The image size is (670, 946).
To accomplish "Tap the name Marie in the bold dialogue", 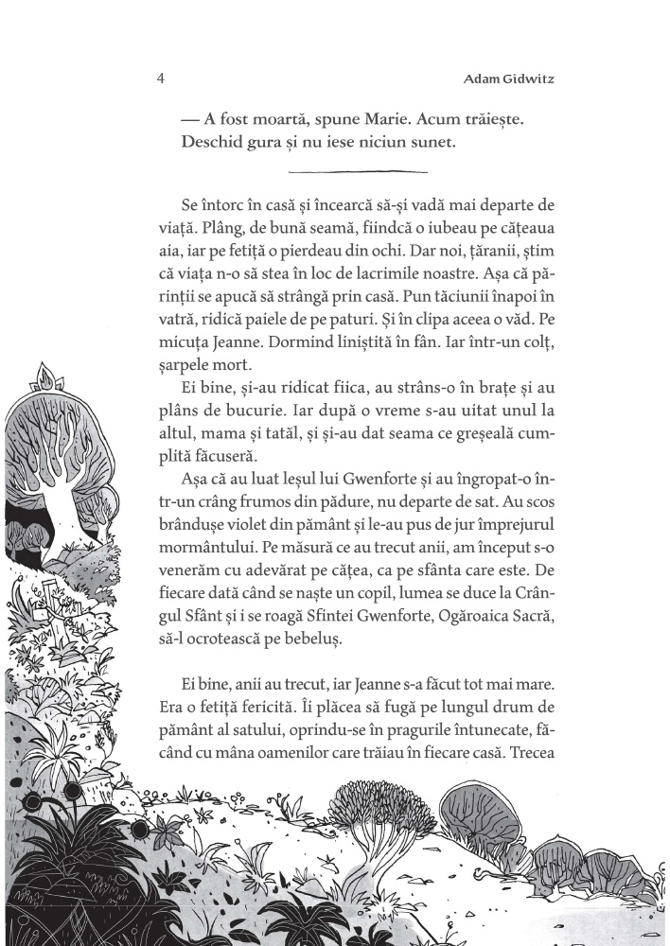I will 345,120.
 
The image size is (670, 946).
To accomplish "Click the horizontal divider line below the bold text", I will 356,171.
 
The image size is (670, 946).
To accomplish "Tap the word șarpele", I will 202,351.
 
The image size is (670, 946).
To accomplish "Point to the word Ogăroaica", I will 454,618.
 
